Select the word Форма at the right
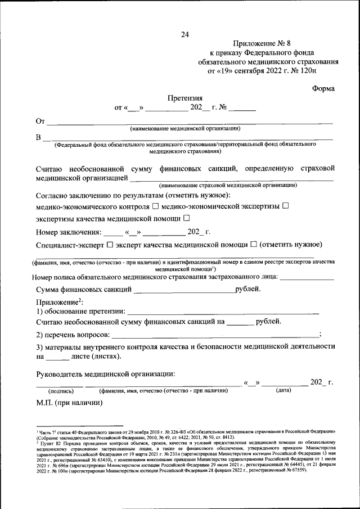coord(323,88)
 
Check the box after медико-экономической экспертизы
coord(285,206)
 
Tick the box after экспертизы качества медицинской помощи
coord(186,218)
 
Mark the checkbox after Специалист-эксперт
coord(110,244)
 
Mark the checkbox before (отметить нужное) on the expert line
coord(254,244)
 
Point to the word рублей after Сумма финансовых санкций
coord(247,290)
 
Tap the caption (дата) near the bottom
coord(283,390)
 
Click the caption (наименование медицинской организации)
coord(185,129)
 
